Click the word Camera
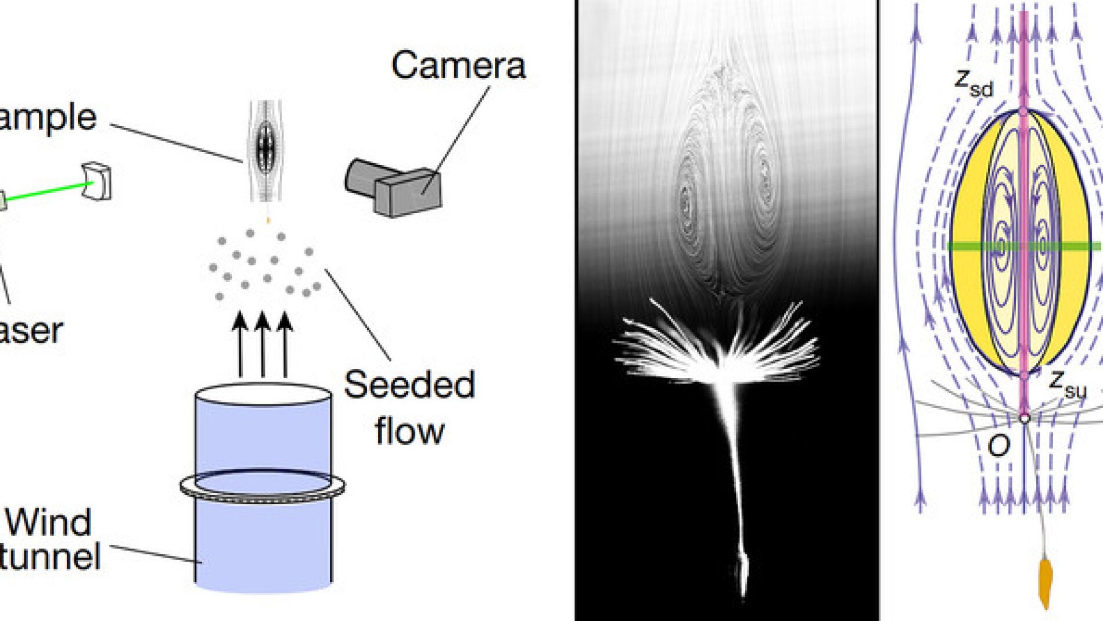458,65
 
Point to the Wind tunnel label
49,539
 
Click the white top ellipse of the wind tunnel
263,394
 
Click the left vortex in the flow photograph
688,203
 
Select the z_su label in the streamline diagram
1068,384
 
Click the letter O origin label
999,446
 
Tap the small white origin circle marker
1025,418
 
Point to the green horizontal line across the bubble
976,247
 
